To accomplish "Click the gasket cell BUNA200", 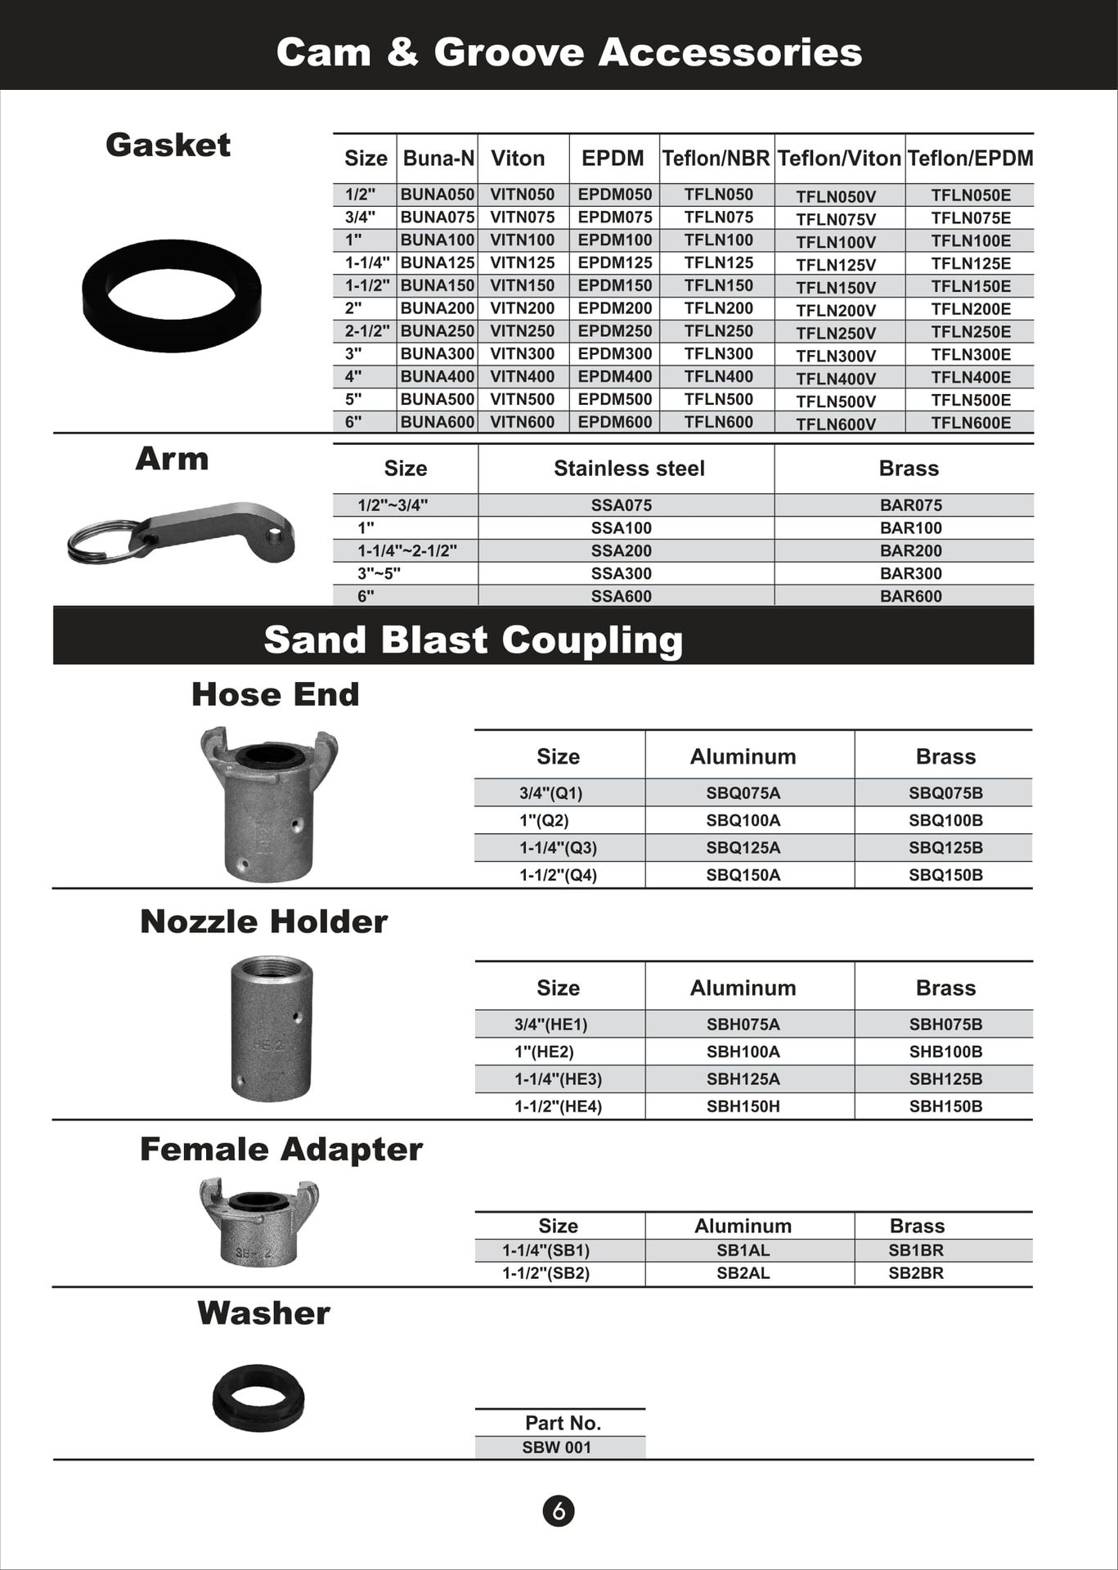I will click(438, 308).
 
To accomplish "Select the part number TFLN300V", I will click(836, 356).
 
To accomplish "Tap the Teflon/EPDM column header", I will click(970, 158).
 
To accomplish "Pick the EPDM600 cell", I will click(615, 422).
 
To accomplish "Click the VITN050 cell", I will click(522, 195).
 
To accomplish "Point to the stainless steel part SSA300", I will click(622, 573).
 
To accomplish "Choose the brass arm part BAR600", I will click(910, 596).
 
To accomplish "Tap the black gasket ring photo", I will click(172, 295).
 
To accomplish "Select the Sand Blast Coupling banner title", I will click(473, 639).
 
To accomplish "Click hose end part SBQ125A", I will click(743, 848).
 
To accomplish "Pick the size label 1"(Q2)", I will click(544, 820).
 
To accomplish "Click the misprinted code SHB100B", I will click(945, 1052).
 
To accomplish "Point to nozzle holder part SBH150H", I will click(743, 1106).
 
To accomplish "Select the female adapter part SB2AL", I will click(743, 1273).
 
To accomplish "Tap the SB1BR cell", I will click(916, 1250).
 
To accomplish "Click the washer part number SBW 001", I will click(557, 1447).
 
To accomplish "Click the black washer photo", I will click(258, 1397).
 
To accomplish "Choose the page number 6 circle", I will click(559, 1510).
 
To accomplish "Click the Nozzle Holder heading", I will click(263, 922).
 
